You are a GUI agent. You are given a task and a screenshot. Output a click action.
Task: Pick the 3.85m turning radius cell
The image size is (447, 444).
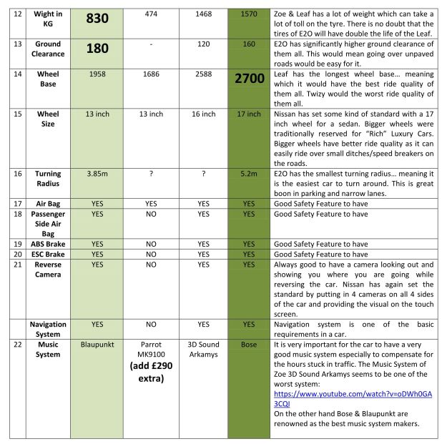pos(97,174)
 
